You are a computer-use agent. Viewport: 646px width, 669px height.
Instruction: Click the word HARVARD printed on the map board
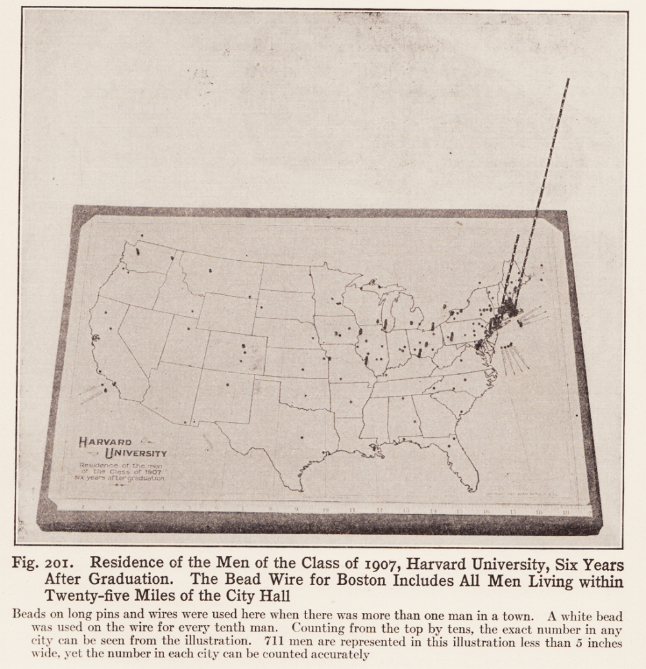105,442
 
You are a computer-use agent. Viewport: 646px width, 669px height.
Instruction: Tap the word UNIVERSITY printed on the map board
136,453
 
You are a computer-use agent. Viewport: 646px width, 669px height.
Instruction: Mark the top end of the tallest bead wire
568,80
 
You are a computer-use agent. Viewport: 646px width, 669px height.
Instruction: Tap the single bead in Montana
211,271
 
